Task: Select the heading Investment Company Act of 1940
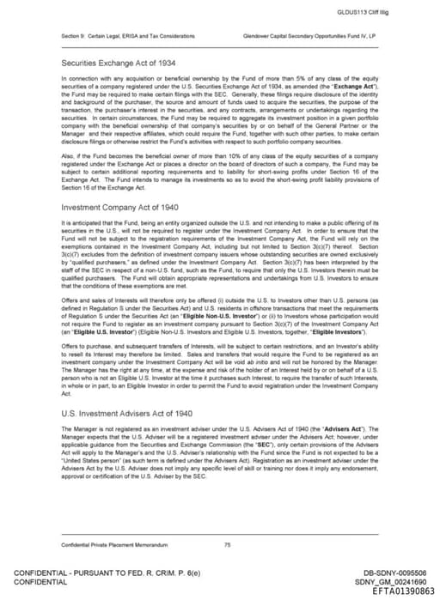[117, 207]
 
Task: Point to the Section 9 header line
[127, 36]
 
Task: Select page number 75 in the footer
[227, 544]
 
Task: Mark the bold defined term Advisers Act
[351, 427]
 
